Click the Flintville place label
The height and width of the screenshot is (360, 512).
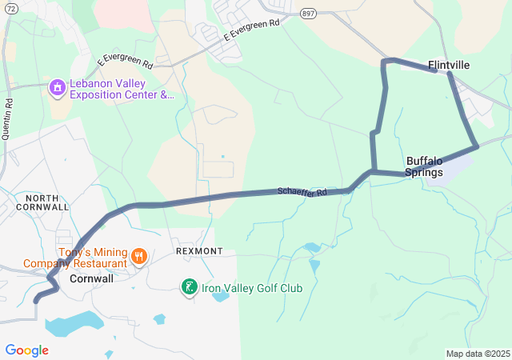[x=449, y=65]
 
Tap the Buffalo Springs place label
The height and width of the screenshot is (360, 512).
[x=424, y=166]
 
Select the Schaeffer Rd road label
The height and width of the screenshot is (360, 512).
[x=302, y=192]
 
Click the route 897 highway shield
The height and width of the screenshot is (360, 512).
[x=309, y=13]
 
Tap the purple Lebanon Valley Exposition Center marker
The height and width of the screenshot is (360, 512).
[x=56, y=86]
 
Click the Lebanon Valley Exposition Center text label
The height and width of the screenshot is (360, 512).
[x=120, y=89]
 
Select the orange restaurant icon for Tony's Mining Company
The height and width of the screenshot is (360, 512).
[x=139, y=256]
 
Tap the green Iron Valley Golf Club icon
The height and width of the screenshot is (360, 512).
[x=189, y=286]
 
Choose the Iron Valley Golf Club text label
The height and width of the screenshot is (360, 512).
[x=251, y=288]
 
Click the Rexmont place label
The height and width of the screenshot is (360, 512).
[x=199, y=251]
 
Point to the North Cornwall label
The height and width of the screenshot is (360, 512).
[x=47, y=202]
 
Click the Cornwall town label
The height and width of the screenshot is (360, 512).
[x=91, y=279]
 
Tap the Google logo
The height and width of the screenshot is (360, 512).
[x=26, y=350]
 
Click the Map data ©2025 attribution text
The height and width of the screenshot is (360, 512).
[x=478, y=354]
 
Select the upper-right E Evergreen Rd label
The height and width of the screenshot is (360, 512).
[x=252, y=30]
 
